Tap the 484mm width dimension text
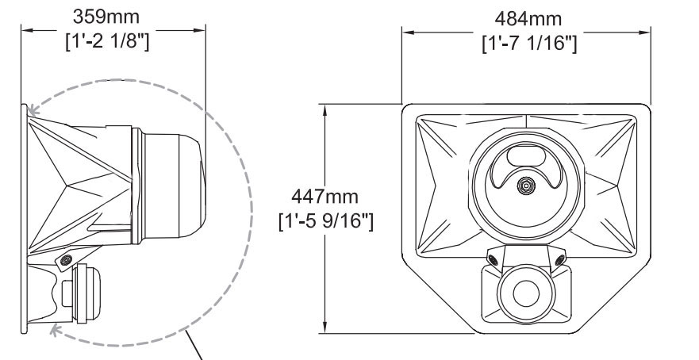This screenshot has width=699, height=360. pos(528,18)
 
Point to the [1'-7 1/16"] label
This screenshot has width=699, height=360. pos(528,41)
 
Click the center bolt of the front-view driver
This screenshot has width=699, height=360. pos(524,186)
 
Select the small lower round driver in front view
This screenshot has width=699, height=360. pos(524,292)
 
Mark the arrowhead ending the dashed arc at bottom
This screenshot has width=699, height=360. pos(54,330)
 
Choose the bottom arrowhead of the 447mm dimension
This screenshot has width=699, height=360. pos(324,331)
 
